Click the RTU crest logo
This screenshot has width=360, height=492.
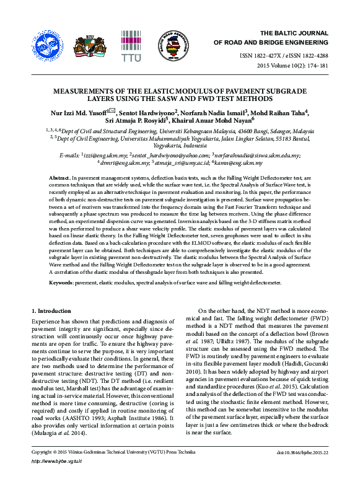point(90,43)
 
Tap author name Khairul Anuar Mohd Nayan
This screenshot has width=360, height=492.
point(213,121)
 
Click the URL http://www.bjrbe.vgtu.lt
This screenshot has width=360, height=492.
point(56,478)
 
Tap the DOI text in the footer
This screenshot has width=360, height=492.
point(303,471)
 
